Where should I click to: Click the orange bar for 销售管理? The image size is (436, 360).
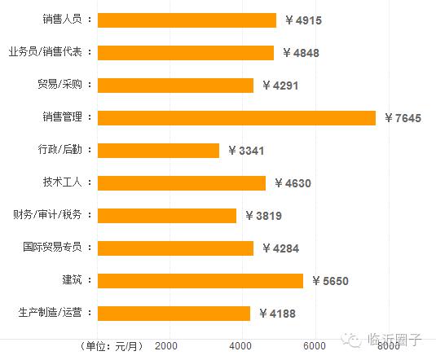pyautogui.click(x=236, y=118)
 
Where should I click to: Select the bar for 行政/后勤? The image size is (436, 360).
pyautogui.click(x=158, y=151)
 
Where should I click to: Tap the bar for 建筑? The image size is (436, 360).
pyautogui.click(x=200, y=281)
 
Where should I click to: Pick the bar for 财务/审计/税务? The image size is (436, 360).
pyautogui.click(x=166, y=216)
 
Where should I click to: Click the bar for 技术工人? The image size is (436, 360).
pyautogui.click(x=181, y=183)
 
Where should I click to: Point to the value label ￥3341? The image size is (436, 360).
pyautogui.click(x=246, y=151)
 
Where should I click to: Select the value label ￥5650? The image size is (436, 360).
pyautogui.click(x=329, y=281)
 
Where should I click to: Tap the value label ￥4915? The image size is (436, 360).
pyautogui.click(x=303, y=20)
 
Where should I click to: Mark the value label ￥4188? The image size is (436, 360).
pyautogui.click(x=277, y=314)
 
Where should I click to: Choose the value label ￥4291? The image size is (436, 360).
pyautogui.click(x=280, y=86)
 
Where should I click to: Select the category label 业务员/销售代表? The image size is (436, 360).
pyautogui.click(x=51, y=52)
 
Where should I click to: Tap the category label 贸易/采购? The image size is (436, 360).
pyautogui.click(x=64, y=85)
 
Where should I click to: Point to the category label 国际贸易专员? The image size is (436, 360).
pyautogui.click(x=58, y=248)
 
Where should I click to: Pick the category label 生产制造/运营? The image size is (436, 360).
pyautogui.click(x=55, y=313)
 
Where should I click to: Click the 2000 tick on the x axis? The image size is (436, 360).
pyautogui.click(x=166, y=346)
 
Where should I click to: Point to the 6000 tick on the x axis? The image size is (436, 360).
pyautogui.click(x=315, y=346)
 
